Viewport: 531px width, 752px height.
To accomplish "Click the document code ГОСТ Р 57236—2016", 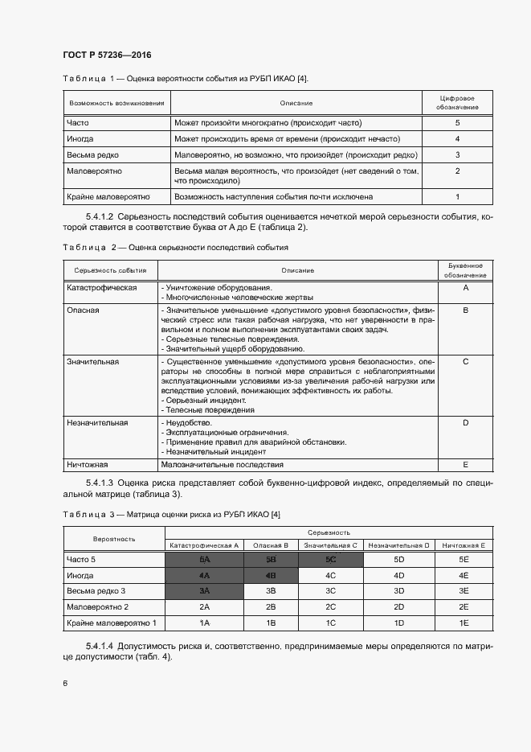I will tap(107, 55).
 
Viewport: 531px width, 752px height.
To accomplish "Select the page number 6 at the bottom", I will tap(65, 683).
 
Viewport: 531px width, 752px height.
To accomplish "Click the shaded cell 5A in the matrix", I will tap(204, 559).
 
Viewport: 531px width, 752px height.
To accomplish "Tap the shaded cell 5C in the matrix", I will tap(331, 559).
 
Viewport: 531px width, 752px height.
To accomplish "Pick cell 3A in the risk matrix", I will tap(204, 591).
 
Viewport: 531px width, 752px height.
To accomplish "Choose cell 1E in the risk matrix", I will tap(464, 623).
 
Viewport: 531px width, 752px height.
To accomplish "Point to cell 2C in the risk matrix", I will tap(331, 607).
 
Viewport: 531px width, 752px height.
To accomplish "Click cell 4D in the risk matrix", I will tap(398, 575).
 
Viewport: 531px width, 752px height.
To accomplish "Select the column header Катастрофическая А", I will tap(204, 544).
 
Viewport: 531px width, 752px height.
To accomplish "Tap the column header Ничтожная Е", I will tap(464, 544).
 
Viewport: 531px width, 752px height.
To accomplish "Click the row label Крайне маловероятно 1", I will tap(112, 623).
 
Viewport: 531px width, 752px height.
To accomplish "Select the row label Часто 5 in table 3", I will tap(82, 559).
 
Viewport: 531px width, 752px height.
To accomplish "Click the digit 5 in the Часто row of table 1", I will tap(457, 123).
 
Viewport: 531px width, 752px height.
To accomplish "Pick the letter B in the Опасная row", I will tap(465, 309).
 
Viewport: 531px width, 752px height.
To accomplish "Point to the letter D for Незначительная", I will tap(465, 421).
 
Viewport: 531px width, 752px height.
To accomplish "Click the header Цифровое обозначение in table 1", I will tap(457, 102).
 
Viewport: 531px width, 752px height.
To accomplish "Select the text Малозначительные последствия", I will tap(223, 464).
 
